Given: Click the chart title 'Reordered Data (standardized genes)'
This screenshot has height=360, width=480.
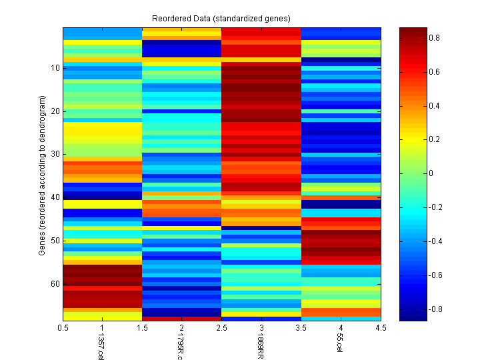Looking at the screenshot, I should point(221,17).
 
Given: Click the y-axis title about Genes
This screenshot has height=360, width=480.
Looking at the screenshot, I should point(42,174).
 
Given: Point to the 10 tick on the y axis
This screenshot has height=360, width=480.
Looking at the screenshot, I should point(55,68).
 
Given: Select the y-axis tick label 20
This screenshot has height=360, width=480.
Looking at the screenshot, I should point(55,111).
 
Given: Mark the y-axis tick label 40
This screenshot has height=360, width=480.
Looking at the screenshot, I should point(55,198).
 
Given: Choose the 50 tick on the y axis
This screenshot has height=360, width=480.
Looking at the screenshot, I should point(55,241).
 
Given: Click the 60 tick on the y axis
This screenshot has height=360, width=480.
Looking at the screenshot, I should point(55,284).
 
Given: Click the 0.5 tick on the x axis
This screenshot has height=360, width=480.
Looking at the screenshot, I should point(63,328).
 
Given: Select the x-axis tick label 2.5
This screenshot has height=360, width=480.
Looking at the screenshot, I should point(221,328).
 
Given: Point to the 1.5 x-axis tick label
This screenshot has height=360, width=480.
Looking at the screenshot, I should point(142,328).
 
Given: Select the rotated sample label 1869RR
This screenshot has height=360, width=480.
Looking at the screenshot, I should point(260,347).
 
